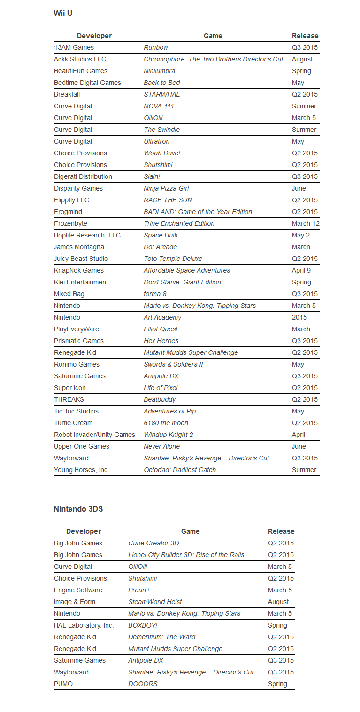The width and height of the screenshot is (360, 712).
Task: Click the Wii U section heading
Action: pos(63,13)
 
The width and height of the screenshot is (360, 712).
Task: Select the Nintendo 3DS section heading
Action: pos(78,509)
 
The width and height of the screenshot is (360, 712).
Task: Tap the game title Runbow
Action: pos(156,47)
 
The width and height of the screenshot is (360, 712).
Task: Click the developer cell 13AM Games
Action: pos(74,47)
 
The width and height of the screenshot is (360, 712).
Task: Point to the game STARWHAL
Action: pos(161,94)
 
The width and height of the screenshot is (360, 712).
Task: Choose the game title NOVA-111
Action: pos(159,106)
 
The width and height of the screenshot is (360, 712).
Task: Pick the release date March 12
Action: pos(305,223)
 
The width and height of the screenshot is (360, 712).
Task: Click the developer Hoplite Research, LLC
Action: pos(87,235)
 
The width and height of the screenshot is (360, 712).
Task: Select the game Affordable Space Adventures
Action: pos(187,270)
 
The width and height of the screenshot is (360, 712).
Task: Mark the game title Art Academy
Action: pos(162,317)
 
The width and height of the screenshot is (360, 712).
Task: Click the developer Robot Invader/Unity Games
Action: pos(94,435)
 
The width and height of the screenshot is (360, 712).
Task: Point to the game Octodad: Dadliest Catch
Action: pos(180,470)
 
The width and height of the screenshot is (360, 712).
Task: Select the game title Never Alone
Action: pos(161,446)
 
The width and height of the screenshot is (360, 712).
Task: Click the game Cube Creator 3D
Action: pos(153,543)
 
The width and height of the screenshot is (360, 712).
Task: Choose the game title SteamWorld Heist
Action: pos(155,602)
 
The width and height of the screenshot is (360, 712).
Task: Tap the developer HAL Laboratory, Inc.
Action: pos(84,625)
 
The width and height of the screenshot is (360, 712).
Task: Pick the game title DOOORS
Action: pos(143,684)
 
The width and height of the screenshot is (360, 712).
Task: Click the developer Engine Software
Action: pos(78,590)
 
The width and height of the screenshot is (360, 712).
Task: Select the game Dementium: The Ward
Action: pos(161,637)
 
